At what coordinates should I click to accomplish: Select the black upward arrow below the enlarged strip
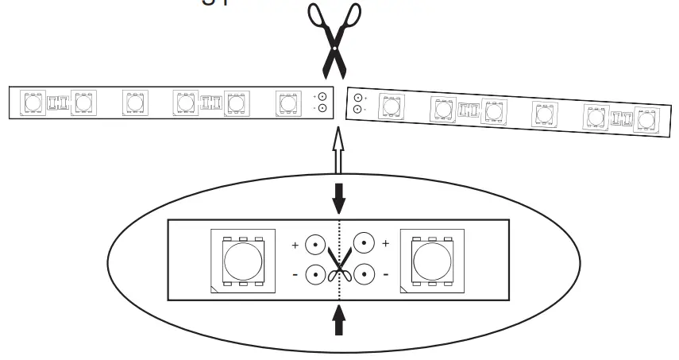pyautogui.click(x=339, y=322)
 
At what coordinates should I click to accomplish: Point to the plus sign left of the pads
pyautogui.click(x=295, y=246)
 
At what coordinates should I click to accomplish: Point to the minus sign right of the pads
pyautogui.click(x=386, y=275)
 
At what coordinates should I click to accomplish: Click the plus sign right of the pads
pyautogui.click(x=386, y=243)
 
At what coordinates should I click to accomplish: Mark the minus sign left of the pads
pyautogui.click(x=295, y=274)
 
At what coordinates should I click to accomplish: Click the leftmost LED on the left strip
pyautogui.click(x=33, y=103)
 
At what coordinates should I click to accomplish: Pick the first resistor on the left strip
pyautogui.click(x=56, y=103)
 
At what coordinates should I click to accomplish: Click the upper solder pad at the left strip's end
pyautogui.click(x=322, y=96)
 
